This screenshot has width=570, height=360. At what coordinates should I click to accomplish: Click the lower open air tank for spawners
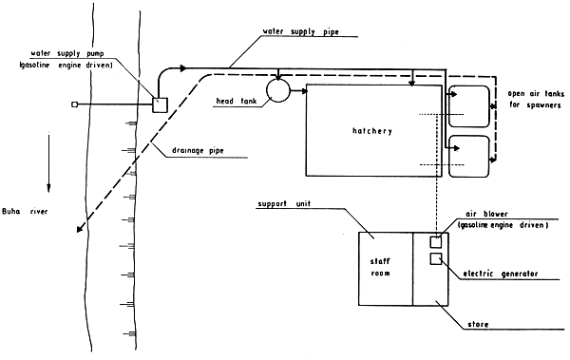click(x=469, y=156)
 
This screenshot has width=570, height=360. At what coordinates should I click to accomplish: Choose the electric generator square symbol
click(x=436, y=259)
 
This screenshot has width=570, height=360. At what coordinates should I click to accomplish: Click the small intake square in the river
click(x=74, y=104)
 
